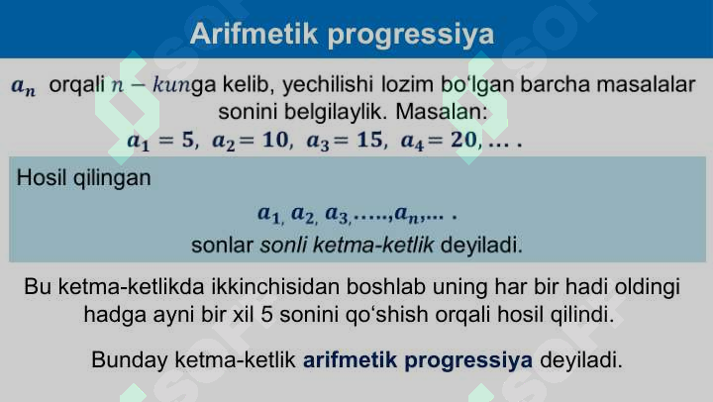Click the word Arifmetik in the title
pos(253,35)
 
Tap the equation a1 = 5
pos(161,140)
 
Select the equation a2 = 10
pos(249,140)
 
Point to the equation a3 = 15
pos(343,140)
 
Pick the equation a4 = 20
pos(439,140)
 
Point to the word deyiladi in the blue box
pos(480,244)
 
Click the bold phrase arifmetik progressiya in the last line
pos(418,358)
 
